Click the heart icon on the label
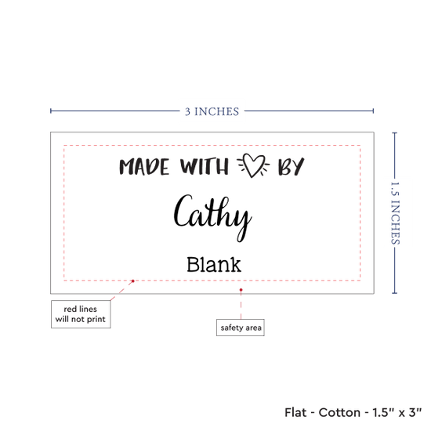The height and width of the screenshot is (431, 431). [253, 165]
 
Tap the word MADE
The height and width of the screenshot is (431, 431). [144, 167]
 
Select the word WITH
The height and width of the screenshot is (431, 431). [205, 166]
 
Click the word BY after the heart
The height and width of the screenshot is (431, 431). [291, 166]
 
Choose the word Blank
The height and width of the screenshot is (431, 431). [214, 265]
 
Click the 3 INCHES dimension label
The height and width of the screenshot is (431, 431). [212, 111]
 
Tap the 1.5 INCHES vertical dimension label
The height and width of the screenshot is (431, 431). [395, 213]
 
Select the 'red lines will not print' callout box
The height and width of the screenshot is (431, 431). [81, 314]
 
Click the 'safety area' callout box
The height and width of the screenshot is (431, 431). [241, 328]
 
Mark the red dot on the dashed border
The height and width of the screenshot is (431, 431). [132, 281]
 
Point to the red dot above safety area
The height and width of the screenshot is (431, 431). [241, 290]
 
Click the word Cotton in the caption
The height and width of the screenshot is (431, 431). [339, 412]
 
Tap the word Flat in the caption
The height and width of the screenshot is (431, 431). [295, 412]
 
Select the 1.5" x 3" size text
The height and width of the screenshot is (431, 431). [397, 412]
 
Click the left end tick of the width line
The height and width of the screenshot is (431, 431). [51, 110]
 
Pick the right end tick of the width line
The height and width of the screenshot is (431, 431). [373, 110]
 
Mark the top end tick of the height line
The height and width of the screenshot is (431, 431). [395, 133]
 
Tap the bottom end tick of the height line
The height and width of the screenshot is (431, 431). [395, 293]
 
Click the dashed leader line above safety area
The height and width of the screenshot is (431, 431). [241, 305]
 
